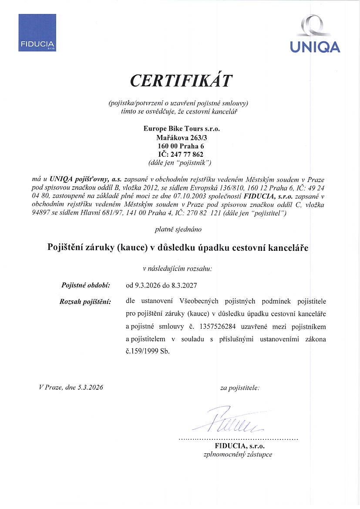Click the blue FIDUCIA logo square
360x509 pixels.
pyautogui.click(x=37, y=32)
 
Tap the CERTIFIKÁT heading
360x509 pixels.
pyautogui.click(x=182, y=81)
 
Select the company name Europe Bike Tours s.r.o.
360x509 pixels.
pyautogui.click(x=182, y=129)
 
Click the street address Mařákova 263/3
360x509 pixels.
pyautogui.click(x=182, y=138)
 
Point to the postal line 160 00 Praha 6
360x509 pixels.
pyautogui.click(x=182, y=146)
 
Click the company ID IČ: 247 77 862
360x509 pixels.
pyautogui.click(x=182, y=154)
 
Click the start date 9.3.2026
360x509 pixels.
pyautogui.click(x=147, y=286)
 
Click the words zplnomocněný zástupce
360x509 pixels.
pyautogui.click(x=238, y=454)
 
